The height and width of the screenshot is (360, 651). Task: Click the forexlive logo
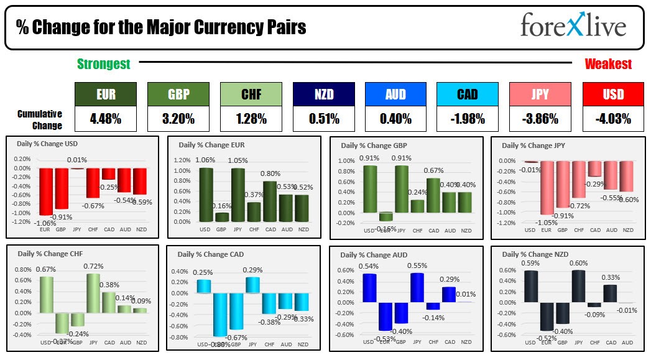pos(573,27)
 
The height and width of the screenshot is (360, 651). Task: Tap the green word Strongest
pos(104,64)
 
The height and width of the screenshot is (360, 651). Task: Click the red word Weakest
pos(608,64)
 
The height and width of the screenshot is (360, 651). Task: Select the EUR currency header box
pos(105,95)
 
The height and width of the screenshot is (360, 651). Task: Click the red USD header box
pos(613,95)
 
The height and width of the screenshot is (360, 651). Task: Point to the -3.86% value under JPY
pos(540,119)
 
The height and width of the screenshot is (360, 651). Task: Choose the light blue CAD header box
pos(467,95)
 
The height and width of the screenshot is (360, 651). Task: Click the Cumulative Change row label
pos(40,119)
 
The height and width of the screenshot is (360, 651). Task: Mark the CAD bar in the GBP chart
pos(433,195)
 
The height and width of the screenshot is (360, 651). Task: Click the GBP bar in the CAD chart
pos(236,311)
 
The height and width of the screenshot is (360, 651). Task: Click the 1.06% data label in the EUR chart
pos(205,160)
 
